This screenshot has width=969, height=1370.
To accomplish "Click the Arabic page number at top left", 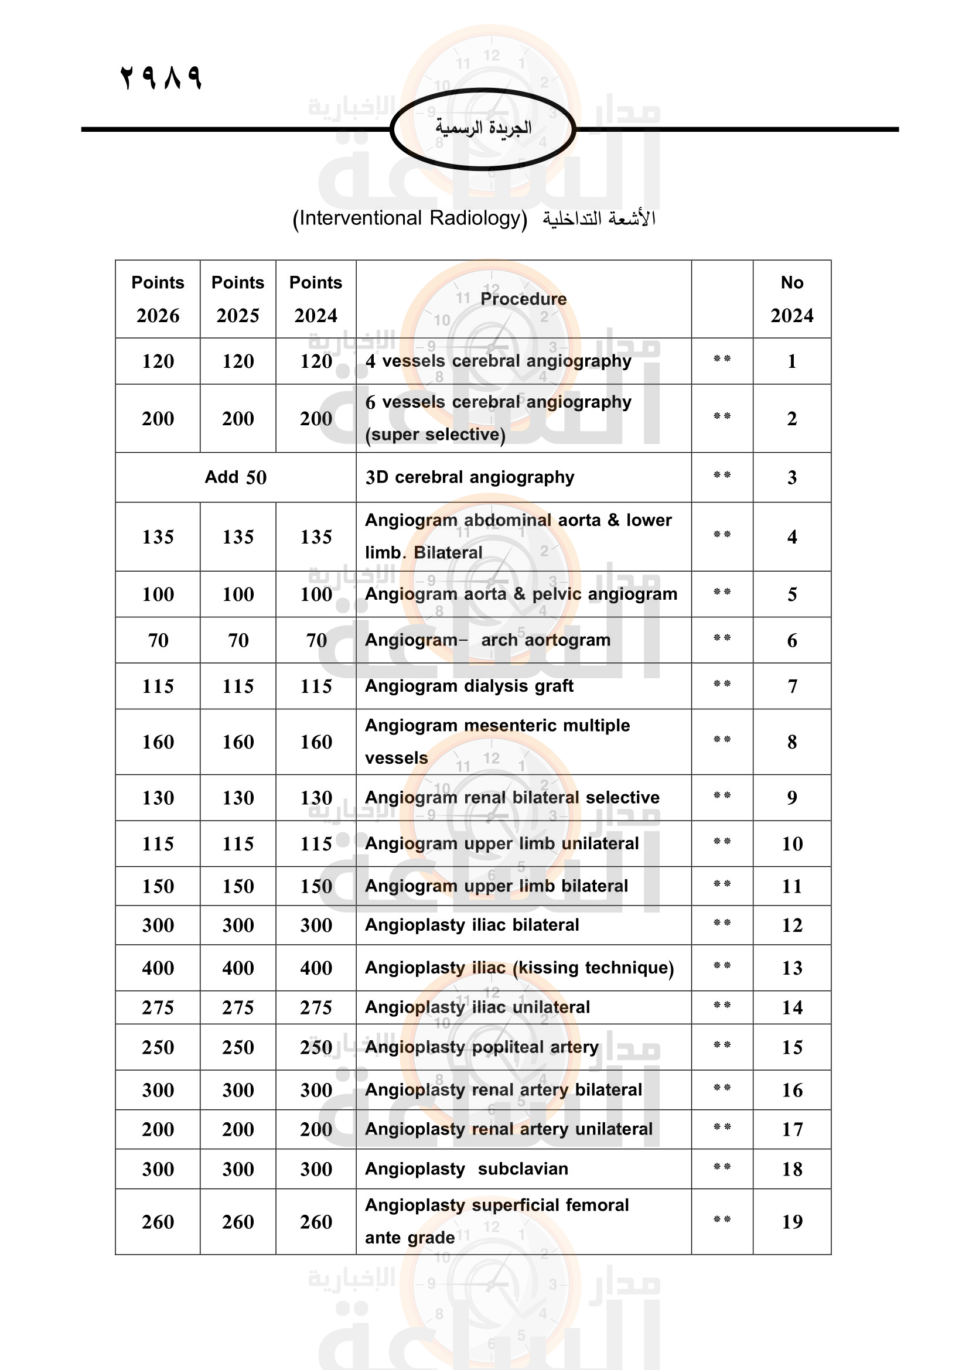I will pos(161,77).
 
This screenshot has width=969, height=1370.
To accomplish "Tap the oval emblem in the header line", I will pos(483,129).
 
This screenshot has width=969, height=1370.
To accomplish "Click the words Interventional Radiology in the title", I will pos(410,218).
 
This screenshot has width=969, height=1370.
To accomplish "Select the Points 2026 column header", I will pos(158,299).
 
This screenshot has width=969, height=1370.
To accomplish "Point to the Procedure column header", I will pos(523,299).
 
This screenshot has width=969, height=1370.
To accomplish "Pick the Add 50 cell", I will pos(236,477).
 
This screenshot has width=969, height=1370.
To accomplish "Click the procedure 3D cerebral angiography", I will pos(470,477).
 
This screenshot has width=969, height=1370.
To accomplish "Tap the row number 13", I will pos(792,968).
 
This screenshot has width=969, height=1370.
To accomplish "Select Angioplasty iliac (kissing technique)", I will pos(519,968).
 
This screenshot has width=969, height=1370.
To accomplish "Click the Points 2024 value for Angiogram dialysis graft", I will pos(316,686).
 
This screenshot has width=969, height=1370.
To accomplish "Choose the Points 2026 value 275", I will pos(158,1008).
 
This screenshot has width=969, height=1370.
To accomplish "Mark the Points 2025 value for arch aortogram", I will pos(237,640).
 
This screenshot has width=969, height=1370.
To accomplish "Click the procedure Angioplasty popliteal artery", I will pos(482,1047).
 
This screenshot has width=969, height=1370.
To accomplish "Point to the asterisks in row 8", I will pos(722,740).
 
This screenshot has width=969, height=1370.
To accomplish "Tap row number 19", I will pos(792,1222).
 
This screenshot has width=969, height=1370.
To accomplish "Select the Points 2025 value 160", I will pos(237,742).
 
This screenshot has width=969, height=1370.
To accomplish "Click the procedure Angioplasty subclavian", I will pos(466,1169).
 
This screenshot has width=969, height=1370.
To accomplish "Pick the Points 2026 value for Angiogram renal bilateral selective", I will pos(158,798).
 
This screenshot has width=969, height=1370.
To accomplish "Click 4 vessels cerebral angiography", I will pos(498,361).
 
